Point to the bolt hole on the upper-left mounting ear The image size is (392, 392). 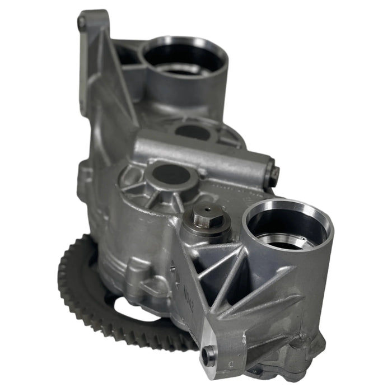pyautogui.click(x=82, y=23)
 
